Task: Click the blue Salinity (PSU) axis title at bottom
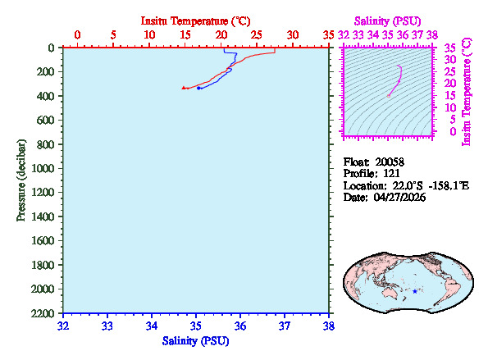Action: click(x=195, y=340)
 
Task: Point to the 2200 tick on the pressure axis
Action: click(x=42, y=313)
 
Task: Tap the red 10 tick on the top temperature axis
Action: click(x=149, y=34)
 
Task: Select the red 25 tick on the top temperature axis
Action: click(x=257, y=34)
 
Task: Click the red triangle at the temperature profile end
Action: click(x=184, y=87)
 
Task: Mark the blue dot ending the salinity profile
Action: click(x=198, y=88)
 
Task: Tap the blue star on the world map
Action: click(x=415, y=291)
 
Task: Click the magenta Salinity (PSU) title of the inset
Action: click(x=389, y=20)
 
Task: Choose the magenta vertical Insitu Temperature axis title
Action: click(x=467, y=91)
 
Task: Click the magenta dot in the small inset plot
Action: click(x=389, y=96)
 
